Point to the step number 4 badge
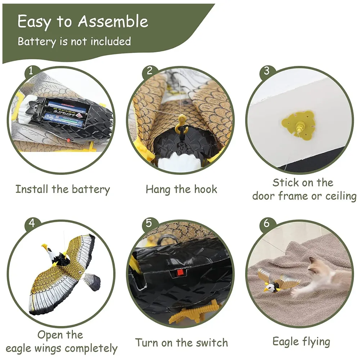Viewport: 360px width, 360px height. pos(32,223)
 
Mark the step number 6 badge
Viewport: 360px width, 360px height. pos(266,223)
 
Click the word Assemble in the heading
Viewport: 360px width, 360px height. pos(113,22)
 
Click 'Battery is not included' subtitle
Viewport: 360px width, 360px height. pos(74,41)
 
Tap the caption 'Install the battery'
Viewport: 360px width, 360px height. pos(62,189)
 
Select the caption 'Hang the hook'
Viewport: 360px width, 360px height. pos(181,189)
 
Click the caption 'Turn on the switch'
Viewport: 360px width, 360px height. pos(181,342)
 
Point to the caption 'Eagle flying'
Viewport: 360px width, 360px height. pos(301,341)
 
